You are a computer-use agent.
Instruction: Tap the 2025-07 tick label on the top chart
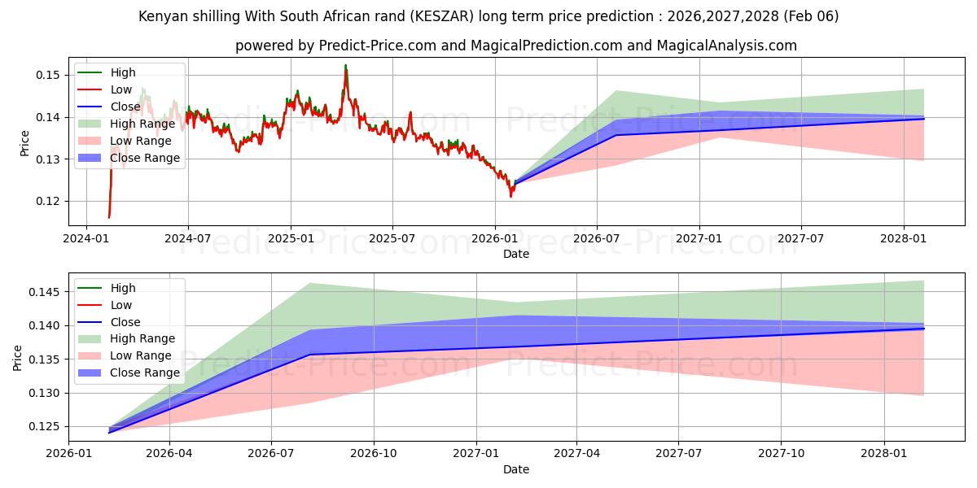pos(392,237)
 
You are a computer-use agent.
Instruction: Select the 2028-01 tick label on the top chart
pos(904,237)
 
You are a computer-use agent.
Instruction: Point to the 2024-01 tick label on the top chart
pos(86,237)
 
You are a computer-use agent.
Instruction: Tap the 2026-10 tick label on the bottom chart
pos(374,453)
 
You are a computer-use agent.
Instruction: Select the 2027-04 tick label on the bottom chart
pos(577,453)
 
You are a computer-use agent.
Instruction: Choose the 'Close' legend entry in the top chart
pos(126,106)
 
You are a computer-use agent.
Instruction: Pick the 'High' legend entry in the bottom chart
pos(123,288)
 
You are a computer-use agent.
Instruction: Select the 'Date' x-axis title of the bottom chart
pos(516,469)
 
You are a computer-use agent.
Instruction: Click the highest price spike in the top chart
pos(345,65)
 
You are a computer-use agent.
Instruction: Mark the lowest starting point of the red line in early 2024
pos(108,217)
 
